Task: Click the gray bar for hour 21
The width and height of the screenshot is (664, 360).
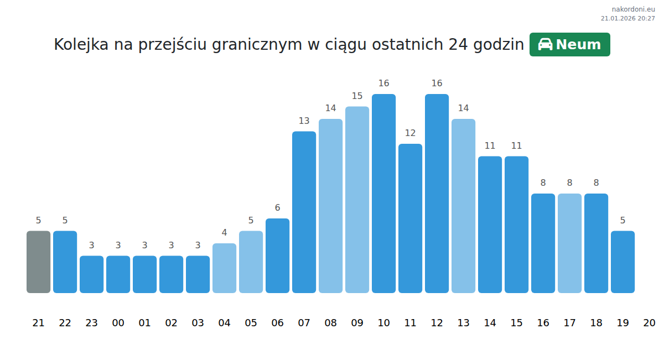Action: [38, 262]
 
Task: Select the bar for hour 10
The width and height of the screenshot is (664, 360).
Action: [383, 194]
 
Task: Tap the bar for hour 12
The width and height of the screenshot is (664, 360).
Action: [437, 194]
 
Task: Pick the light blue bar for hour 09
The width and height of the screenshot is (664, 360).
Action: [357, 200]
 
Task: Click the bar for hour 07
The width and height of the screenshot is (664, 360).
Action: [304, 212]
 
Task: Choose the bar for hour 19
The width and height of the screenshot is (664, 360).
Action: [622, 262]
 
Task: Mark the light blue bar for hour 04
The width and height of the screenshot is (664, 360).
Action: [224, 268]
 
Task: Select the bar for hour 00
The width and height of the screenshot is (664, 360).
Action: [118, 274]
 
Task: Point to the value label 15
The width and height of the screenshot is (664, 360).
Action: [357, 96]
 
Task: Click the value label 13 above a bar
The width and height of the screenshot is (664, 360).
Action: [304, 121]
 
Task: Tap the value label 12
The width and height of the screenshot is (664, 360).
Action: [410, 133]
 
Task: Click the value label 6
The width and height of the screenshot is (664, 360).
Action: [277, 208]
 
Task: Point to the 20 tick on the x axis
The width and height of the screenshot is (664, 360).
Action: [649, 323]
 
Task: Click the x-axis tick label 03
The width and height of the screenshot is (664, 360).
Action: [198, 323]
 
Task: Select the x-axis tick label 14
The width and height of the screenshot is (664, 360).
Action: [490, 323]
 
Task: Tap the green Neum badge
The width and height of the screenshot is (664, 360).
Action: [569, 45]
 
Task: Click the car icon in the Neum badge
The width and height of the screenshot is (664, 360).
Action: [545, 45]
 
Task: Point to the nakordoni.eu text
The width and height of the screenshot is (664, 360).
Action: [633, 9]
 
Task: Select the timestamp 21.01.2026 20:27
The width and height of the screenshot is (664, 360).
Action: [627, 18]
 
